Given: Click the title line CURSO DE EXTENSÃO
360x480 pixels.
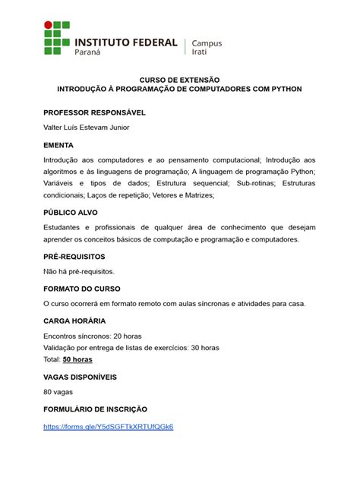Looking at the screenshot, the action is click(179, 79).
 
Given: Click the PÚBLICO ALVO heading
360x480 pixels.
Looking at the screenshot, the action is click(71, 213).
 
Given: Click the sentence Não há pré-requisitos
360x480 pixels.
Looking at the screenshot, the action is click(79, 271).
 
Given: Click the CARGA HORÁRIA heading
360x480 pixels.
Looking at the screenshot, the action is click(74, 321).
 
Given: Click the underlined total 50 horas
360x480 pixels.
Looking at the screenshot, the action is click(77, 359).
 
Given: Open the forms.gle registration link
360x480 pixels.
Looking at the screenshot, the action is click(109, 426).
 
